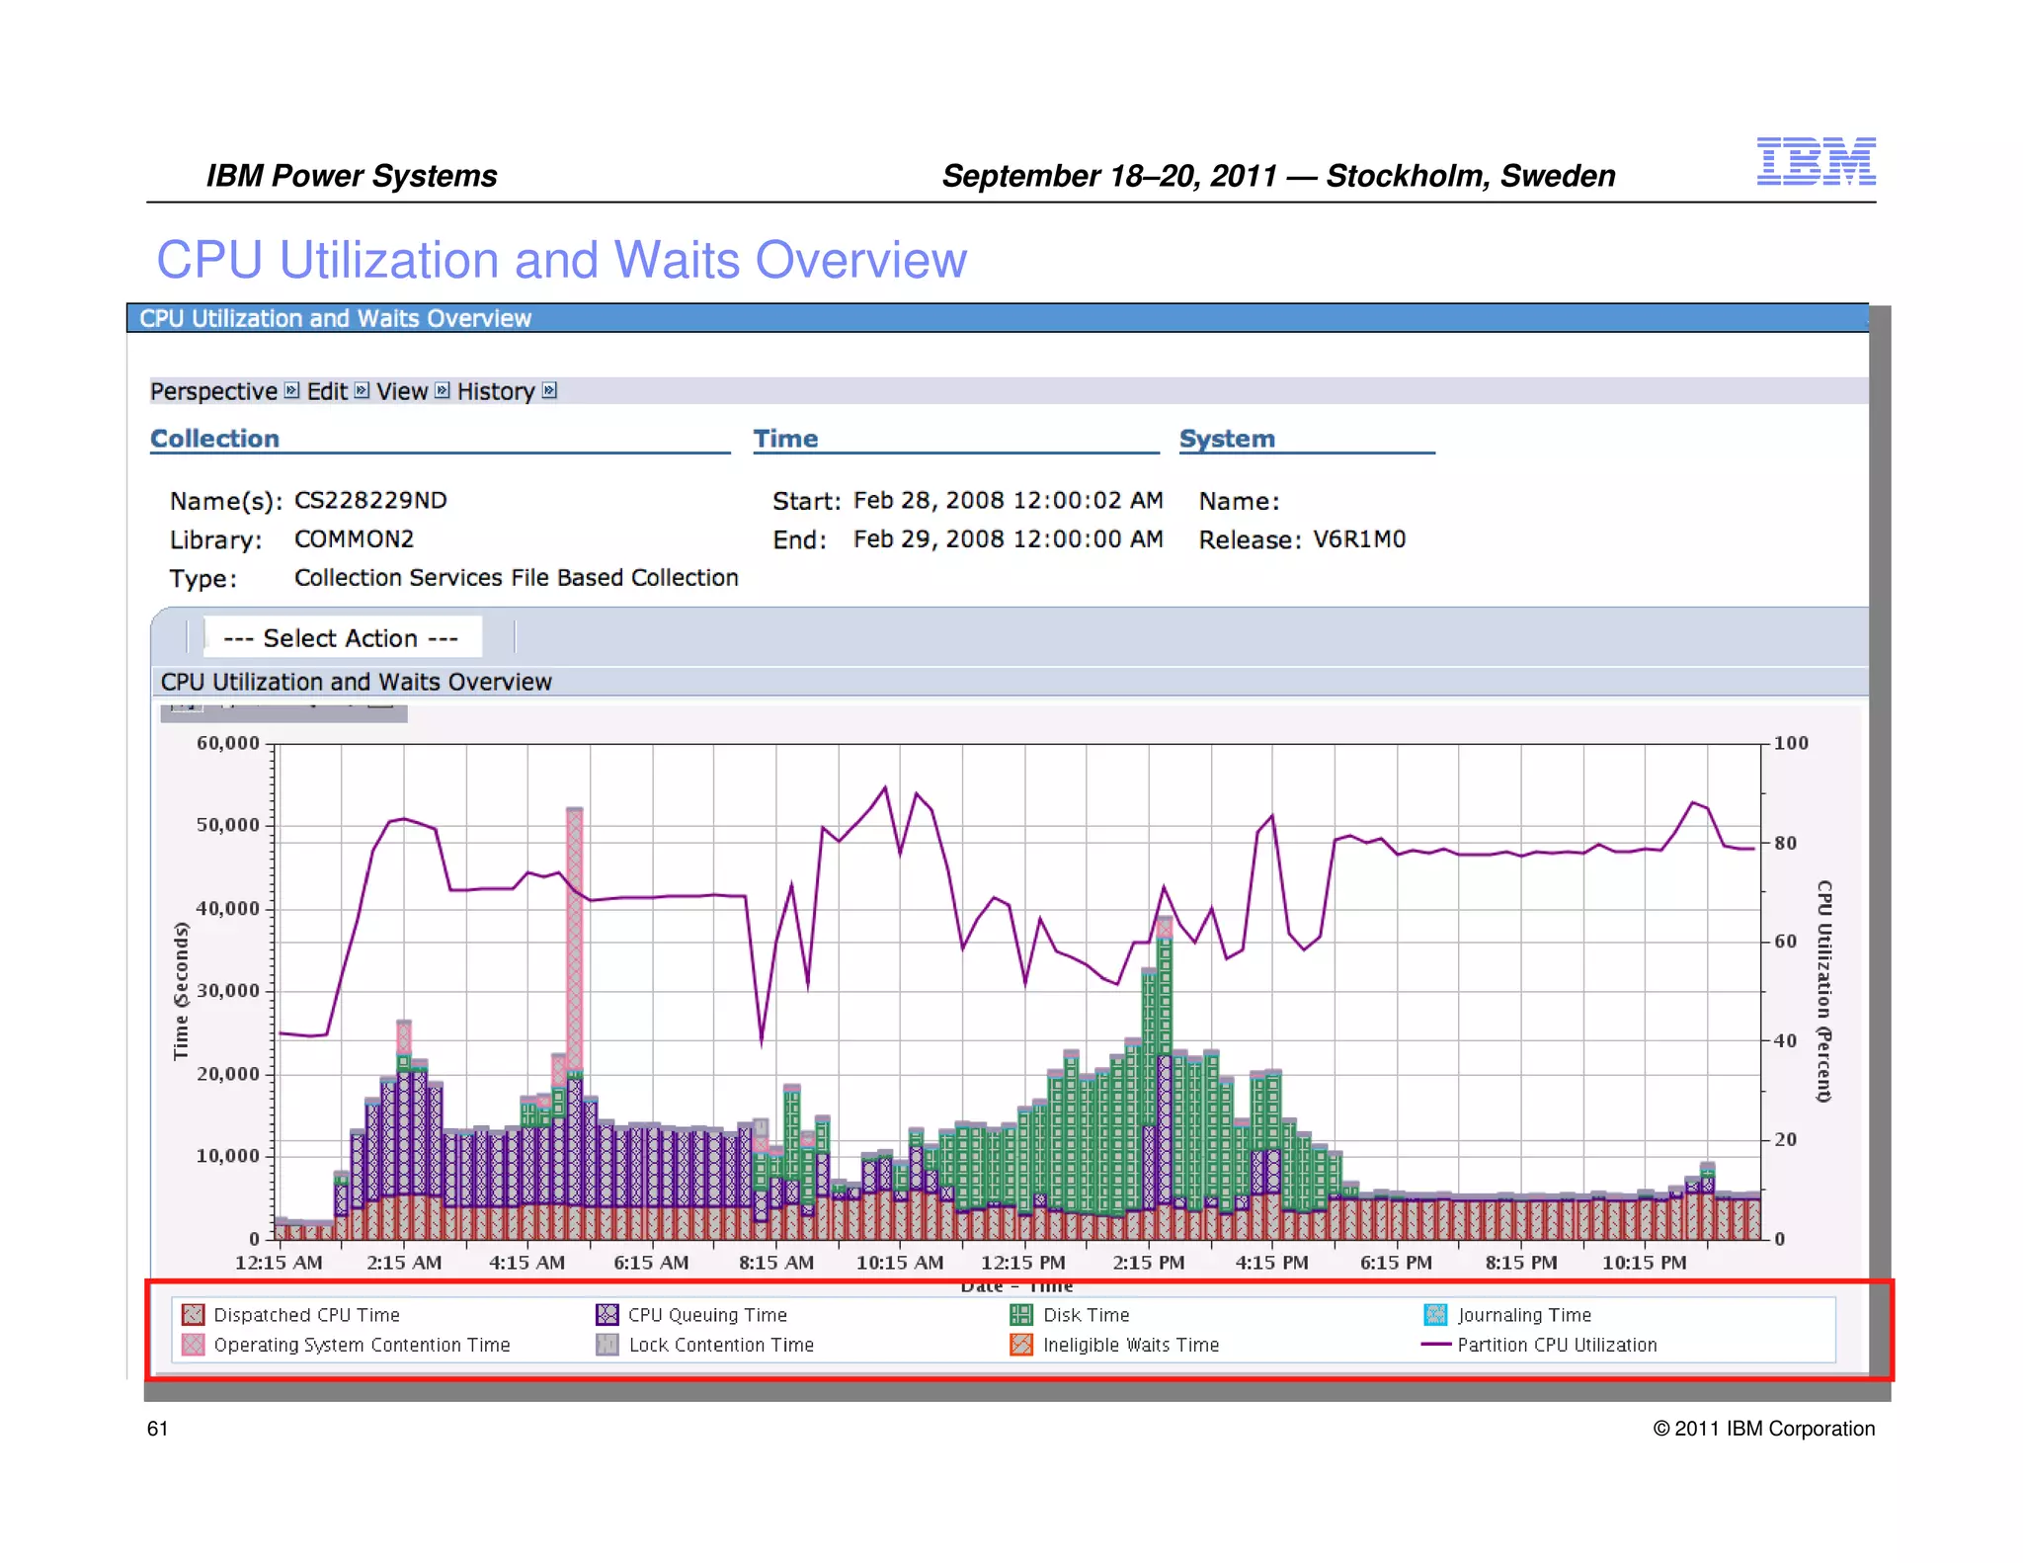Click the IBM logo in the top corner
coord(1815,161)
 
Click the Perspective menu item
coord(213,391)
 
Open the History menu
coord(496,391)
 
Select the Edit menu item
coord(327,391)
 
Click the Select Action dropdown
coord(342,638)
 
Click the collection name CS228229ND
coord(370,500)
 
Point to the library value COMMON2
coord(354,539)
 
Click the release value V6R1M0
coord(1358,539)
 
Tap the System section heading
coord(1227,439)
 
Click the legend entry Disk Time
coord(1085,1315)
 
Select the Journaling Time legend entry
coord(1523,1315)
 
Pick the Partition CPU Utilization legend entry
coord(1556,1345)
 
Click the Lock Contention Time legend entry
coord(720,1345)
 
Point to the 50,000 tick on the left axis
coord(228,825)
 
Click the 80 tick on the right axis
coord(1785,843)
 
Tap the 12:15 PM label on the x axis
coord(1022,1263)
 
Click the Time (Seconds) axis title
coord(181,990)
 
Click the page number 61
coord(157,1429)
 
